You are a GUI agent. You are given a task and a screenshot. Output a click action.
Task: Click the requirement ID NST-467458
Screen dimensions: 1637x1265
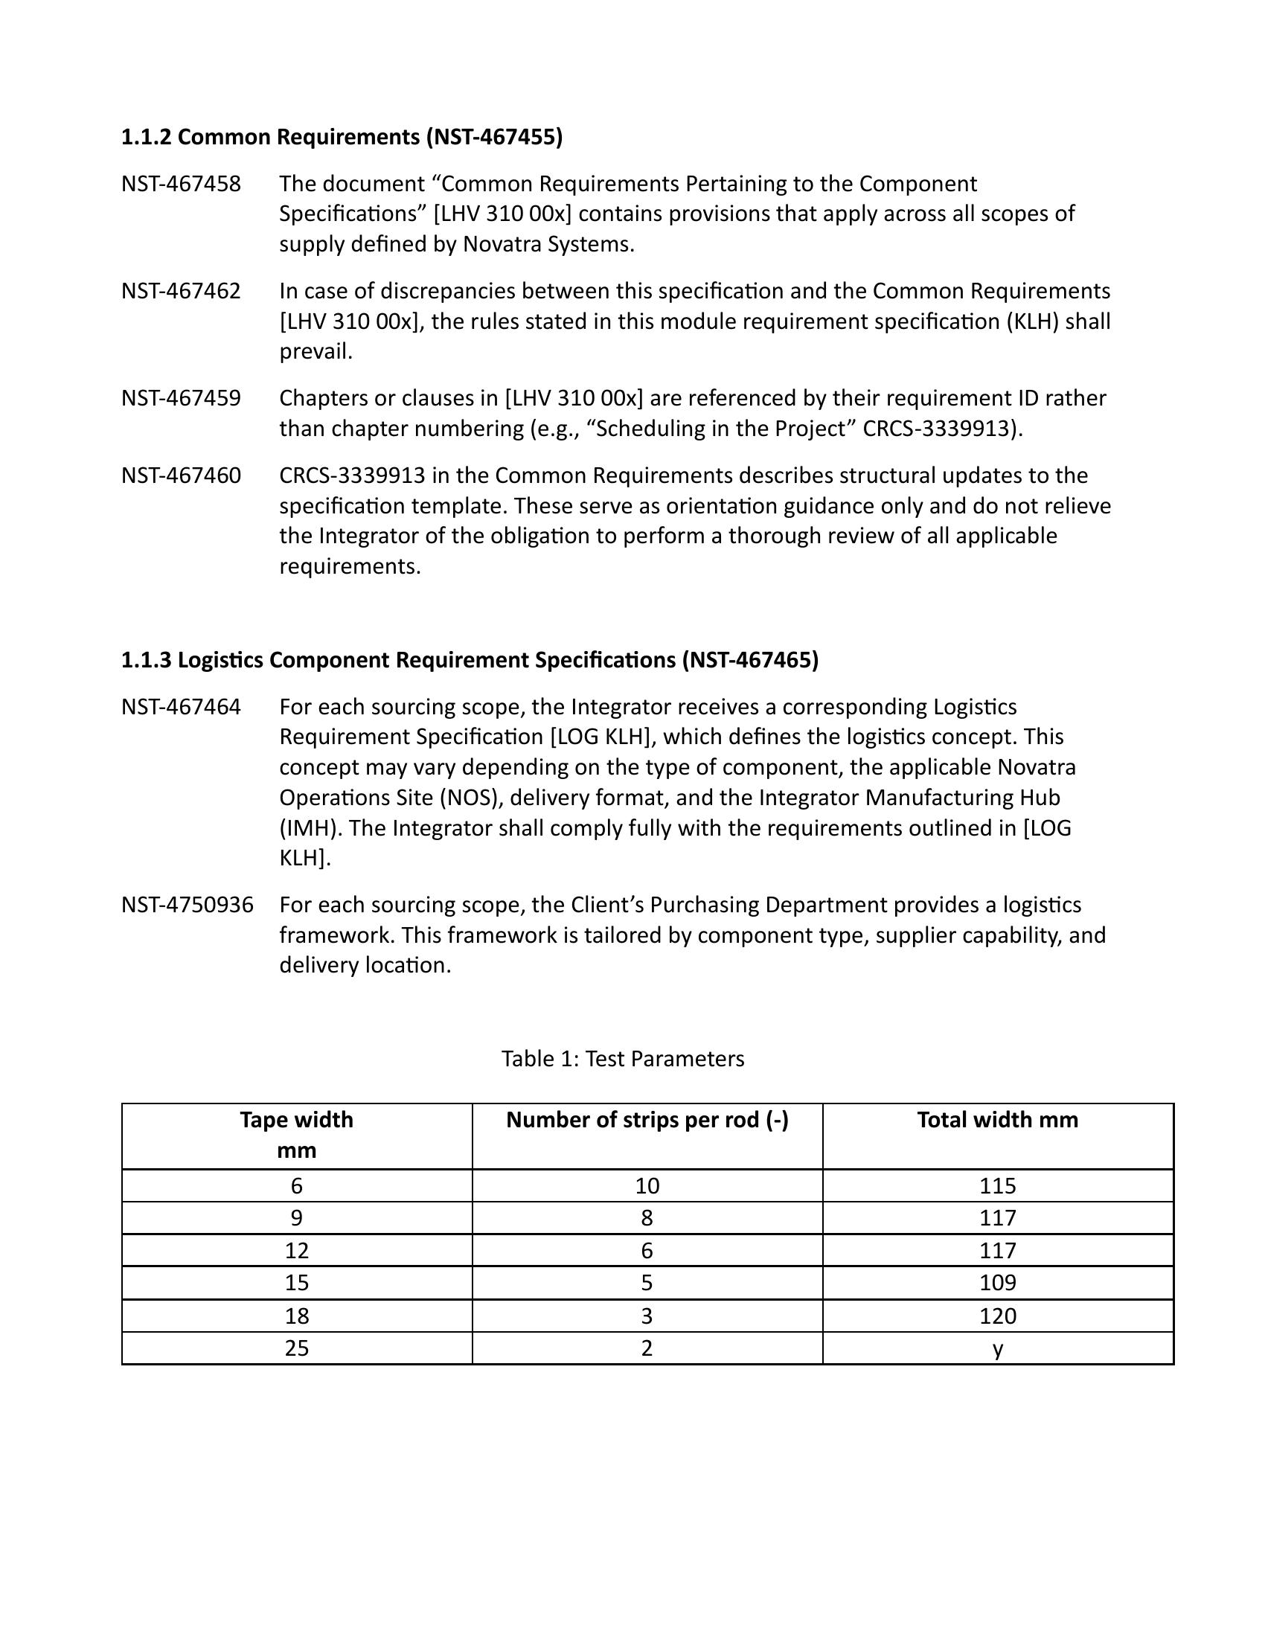click(182, 184)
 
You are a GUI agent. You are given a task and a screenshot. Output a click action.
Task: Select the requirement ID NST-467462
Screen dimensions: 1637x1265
click(182, 291)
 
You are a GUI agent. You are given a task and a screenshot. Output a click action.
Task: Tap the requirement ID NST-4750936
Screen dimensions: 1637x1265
click(188, 905)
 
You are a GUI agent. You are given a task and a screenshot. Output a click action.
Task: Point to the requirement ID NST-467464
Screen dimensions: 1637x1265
click(182, 707)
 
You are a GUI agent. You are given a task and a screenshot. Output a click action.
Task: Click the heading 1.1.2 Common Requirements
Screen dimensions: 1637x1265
click(342, 137)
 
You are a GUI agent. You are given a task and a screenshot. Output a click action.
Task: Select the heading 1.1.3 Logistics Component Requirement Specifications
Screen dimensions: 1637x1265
click(470, 659)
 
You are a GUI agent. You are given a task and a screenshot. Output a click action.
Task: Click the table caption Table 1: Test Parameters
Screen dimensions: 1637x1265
click(623, 1058)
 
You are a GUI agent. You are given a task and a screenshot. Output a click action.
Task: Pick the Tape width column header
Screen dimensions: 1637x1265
click(297, 1135)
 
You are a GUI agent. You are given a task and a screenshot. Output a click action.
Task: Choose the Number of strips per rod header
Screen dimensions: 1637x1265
click(647, 1120)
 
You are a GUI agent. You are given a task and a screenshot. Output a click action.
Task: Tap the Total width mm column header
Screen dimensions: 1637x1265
click(997, 1120)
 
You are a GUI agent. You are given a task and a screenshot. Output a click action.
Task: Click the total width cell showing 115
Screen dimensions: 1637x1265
click(997, 1186)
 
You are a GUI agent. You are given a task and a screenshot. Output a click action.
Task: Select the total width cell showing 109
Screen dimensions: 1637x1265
click(997, 1283)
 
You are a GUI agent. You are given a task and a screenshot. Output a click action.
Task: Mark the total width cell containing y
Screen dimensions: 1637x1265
click(997, 1348)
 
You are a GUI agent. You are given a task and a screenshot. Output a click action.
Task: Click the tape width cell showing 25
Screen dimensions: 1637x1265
click(297, 1348)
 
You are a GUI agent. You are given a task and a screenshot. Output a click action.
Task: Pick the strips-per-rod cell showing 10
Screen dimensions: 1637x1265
click(647, 1186)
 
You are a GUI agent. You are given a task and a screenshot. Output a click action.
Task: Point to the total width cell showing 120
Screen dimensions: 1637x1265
click(997, 1316)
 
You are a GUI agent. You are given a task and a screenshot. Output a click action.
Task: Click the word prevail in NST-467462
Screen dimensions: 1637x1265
click(316, 351)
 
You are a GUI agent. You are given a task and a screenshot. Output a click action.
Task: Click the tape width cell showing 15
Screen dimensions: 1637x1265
click(297, 1283)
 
